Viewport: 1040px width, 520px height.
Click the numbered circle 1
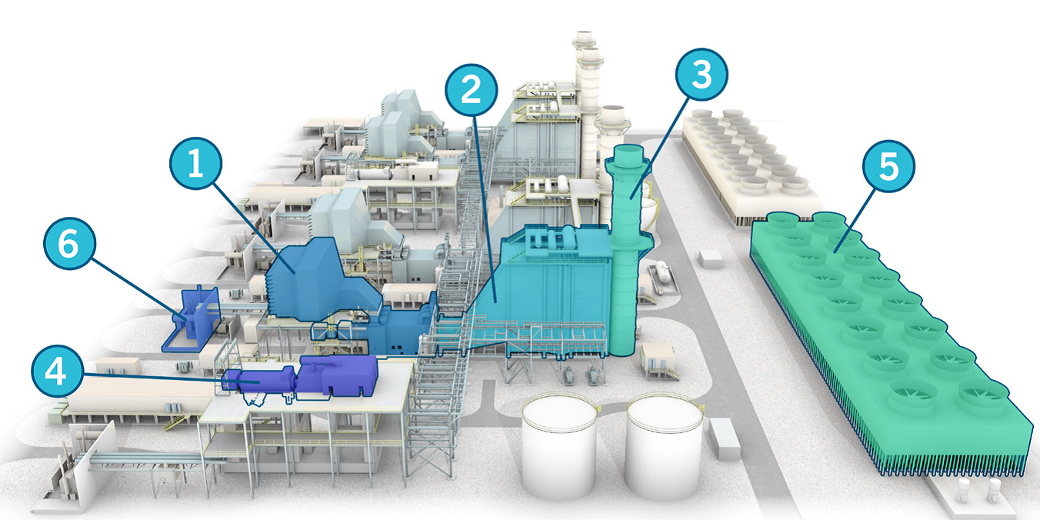point(195,163)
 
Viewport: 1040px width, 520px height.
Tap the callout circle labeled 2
point(472,89)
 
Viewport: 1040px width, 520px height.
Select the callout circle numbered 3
point(702,75)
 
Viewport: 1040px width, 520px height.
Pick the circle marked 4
point(58,371)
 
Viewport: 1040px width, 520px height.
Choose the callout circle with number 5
point(888,166)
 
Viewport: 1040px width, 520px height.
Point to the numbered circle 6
point(70,243)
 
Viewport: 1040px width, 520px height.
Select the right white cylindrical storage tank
point(665,445)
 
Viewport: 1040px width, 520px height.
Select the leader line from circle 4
point(172,378)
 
